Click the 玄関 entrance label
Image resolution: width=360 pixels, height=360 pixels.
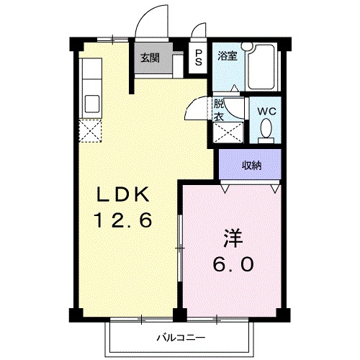[x=149, y=58]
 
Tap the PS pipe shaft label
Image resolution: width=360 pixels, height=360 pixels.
[x=198, y=58]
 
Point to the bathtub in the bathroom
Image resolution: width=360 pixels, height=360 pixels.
[x=262, y=68]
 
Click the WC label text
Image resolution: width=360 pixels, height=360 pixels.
[x=267, y=112]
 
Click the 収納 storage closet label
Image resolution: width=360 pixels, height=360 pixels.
[x=251, y=166]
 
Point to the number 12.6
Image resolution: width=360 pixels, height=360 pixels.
[x=123, y=221]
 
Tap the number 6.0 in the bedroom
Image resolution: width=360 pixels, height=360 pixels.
[x=232, y=265]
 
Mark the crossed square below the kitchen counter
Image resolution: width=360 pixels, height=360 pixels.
[x=91, y=131]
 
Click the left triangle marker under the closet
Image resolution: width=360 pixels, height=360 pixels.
[x=225, y=189]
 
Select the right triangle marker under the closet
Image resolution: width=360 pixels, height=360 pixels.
[x=276, y=189]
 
